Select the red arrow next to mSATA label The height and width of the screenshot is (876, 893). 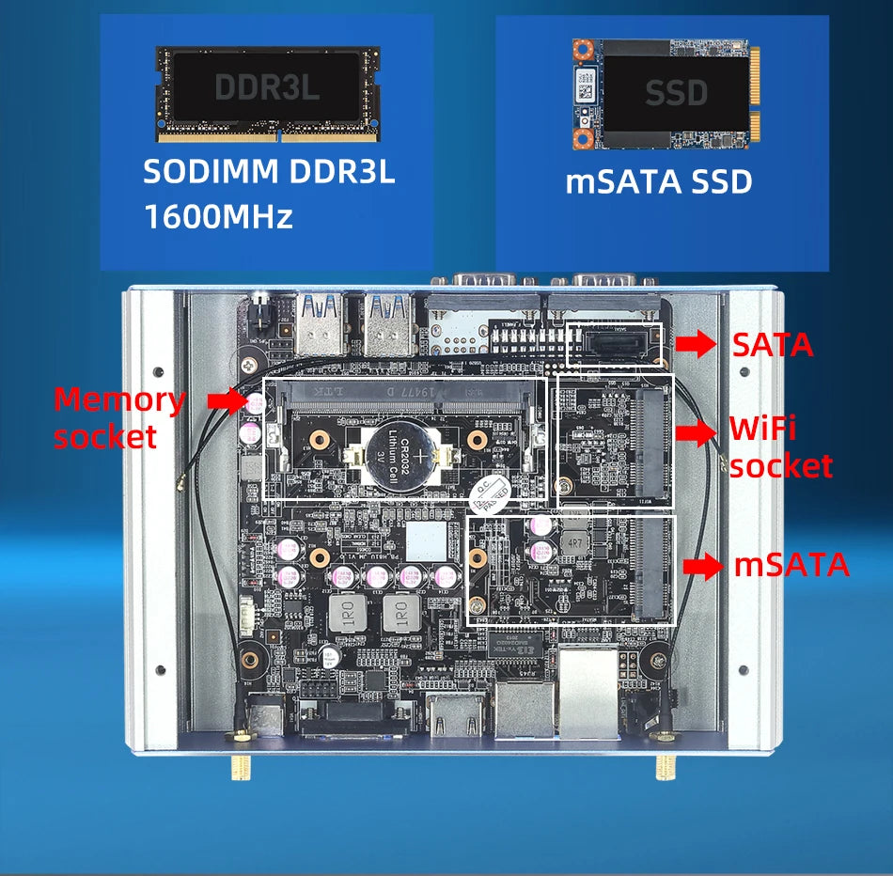703,566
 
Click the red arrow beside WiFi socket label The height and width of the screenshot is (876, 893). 696,432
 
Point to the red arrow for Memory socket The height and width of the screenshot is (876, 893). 226,401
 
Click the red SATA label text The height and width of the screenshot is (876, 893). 772,345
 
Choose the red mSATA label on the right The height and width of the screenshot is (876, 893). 791,566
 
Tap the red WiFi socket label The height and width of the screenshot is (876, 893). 780,447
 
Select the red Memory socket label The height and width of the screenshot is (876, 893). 119,417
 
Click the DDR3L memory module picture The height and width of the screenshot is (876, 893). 267,93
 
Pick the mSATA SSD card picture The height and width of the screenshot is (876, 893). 663,93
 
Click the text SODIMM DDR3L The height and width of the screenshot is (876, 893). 269,174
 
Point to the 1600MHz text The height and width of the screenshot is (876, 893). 218,217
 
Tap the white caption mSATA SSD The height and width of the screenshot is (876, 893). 659,181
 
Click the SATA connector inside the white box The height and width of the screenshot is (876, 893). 614,346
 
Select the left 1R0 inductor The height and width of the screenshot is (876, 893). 348,616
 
